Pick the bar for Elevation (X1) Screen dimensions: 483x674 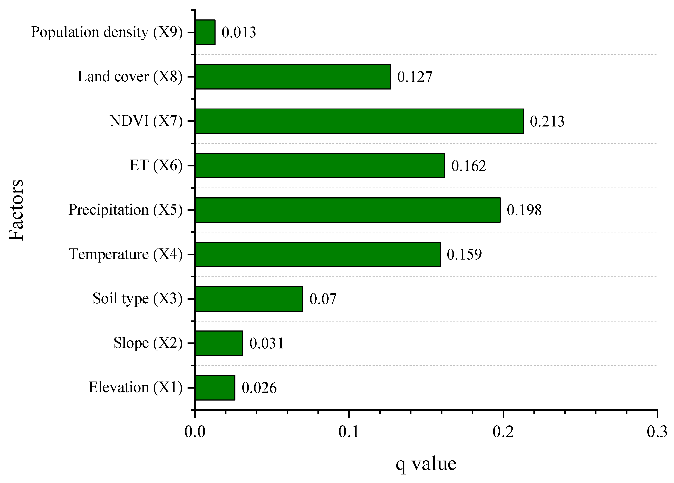215,388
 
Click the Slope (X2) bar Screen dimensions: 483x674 219,343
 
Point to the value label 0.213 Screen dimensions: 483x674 547,121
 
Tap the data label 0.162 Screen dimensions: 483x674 468,166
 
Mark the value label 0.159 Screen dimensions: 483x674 464,254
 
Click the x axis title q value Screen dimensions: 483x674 426,464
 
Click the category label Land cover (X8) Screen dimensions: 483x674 130,77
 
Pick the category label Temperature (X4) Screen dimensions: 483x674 125,254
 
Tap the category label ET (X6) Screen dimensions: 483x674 156,165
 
